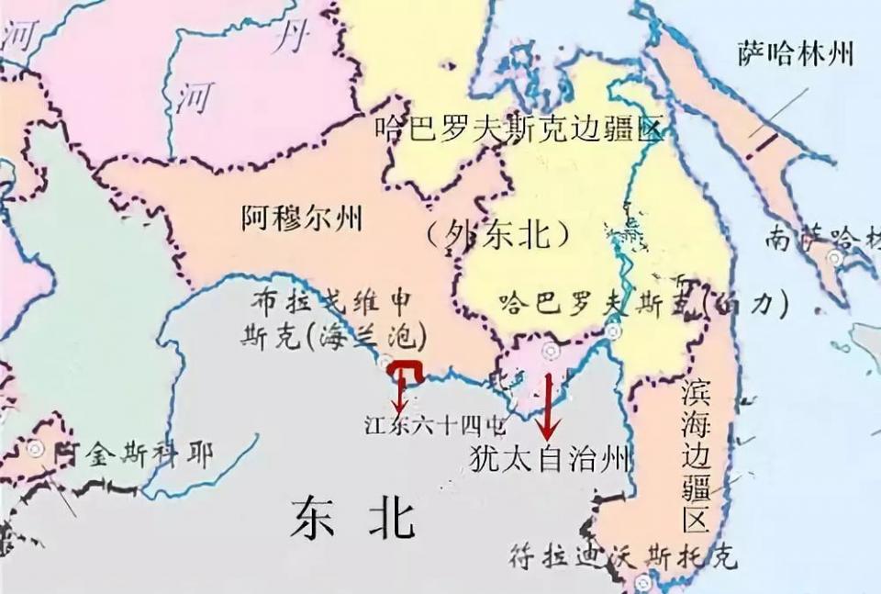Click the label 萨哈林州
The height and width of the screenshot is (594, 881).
[795, 52]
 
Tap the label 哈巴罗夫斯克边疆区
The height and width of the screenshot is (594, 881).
[518, 129]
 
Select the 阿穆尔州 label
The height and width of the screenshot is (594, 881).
[302, 218]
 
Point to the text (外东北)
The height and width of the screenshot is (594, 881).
[500, 235]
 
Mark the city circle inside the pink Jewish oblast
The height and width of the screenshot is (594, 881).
[551, 350]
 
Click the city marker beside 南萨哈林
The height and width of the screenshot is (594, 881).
[835, 258]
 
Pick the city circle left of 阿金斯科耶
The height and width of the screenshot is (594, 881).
[36, 449]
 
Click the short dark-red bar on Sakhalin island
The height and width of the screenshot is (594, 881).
[762, 145]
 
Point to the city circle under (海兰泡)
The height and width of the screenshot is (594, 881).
[386, 362]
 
